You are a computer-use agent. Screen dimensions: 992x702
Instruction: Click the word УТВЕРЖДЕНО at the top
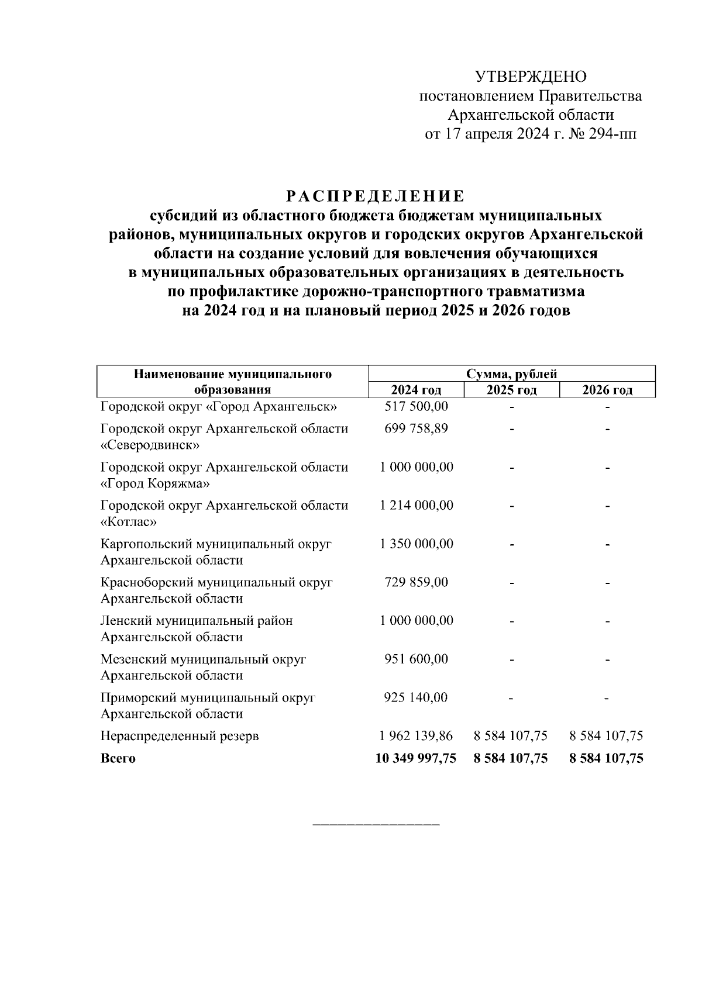coord(530,77)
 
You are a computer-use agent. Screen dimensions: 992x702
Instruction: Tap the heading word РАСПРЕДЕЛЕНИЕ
coord(376,195)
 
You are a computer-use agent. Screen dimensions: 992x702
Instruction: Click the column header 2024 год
coord(416,390)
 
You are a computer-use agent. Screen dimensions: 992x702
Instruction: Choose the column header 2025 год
coord(511,390)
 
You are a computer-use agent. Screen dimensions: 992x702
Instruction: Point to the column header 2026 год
coord(607,390)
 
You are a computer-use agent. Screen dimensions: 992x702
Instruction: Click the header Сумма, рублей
coord(512,374)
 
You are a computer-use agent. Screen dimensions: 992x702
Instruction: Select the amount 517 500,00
coord(416,406)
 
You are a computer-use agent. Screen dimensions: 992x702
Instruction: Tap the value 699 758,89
coord(416,428)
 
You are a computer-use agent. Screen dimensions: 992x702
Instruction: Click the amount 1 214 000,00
coord(416,505)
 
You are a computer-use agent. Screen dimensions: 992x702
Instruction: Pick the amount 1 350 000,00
coord(416,544)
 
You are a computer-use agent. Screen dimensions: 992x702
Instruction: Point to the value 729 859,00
coord(416,582)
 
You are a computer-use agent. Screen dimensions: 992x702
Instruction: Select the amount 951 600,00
coord(416,659)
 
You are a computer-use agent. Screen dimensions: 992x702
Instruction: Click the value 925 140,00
coord(416,697)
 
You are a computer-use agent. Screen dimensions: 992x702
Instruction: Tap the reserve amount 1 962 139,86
coord(416,736)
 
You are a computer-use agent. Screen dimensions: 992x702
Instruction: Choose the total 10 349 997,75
coord(415,759)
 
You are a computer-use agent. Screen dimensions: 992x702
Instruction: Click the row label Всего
coord(118,759)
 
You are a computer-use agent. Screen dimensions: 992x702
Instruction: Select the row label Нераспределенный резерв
coord(180,736)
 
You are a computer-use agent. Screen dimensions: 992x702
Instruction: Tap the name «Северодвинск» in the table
coord(150,445)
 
